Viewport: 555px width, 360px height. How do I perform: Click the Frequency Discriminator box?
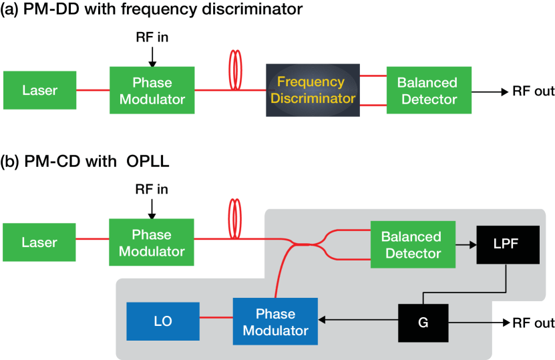click(x=313, y=90)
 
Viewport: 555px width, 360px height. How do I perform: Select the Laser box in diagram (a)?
click(x=39, y=90)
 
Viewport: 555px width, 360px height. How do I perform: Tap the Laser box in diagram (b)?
click(x=39, y=242)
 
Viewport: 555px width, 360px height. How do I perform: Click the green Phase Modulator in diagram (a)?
click(x=152, y=90)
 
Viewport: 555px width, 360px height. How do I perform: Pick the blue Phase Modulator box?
click(x=275, y=321)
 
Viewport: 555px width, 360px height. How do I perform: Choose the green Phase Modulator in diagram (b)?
click(x=152, y=242)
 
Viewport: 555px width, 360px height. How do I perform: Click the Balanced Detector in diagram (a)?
click(x=429, y=90)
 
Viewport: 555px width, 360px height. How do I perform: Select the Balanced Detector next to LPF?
click(x=413, y=244)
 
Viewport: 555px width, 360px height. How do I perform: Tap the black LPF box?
click(x=508, y=244)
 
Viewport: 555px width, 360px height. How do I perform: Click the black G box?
click(x=423, y=323)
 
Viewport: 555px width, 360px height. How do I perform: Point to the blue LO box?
click(x=163, y=321)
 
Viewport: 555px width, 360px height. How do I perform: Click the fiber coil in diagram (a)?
click(x=235, y=69)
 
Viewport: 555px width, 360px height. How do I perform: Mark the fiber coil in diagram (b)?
click(x=235, y=219)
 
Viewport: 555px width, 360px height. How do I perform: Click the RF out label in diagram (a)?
click(x=534, y=92)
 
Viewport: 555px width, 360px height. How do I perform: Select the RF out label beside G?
click(x=534, y=323)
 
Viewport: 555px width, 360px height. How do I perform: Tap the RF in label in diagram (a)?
click(x=152, y=37)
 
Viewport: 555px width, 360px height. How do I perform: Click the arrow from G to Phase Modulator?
click(x=358, y=320)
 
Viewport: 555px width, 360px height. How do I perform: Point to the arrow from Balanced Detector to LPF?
click(x=466, y=244)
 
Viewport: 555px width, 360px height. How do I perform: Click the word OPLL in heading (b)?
click(x=148, y=162)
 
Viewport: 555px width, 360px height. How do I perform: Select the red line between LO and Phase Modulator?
click(x=216, y=317)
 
